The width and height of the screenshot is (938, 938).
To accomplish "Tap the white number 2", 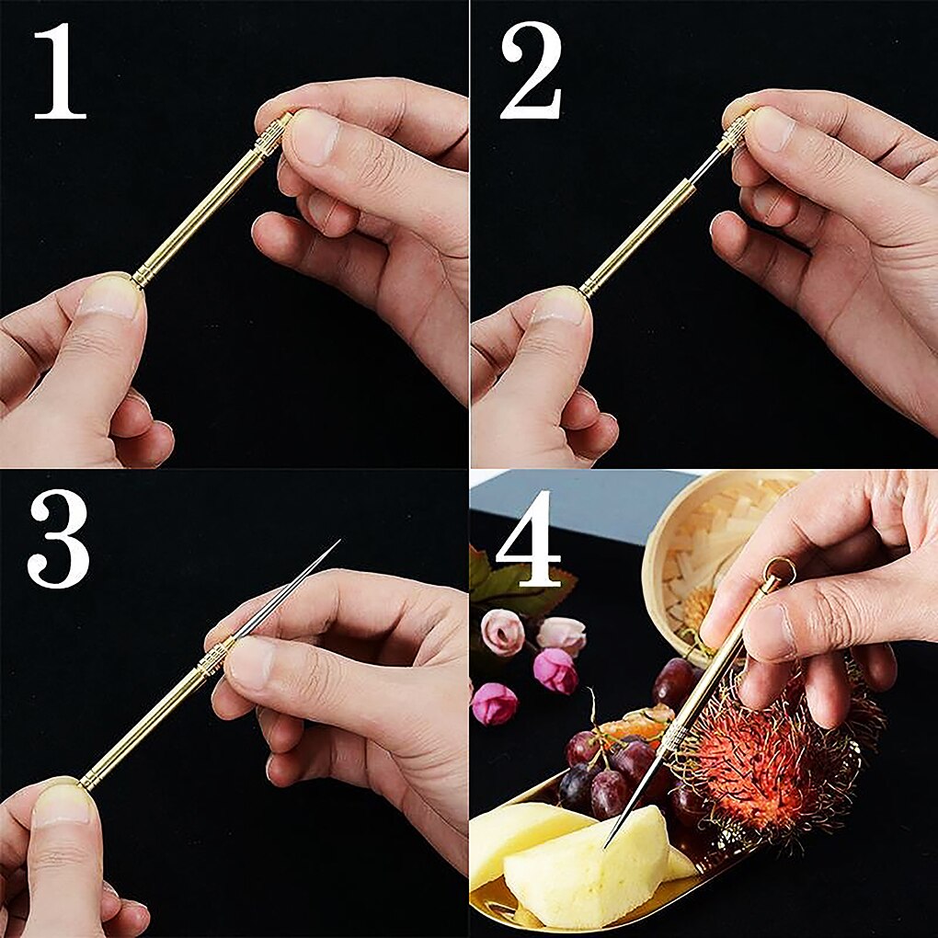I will click(531, 72).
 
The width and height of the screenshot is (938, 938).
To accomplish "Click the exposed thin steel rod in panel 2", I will click(708, 166).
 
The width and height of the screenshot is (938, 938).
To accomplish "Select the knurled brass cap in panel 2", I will click(736, 132).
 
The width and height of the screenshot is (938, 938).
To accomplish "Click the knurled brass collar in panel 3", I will click(213, 658).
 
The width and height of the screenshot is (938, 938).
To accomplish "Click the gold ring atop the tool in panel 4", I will click(778, 571).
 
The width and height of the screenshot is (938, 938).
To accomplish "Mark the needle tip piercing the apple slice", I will click(608, 842).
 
